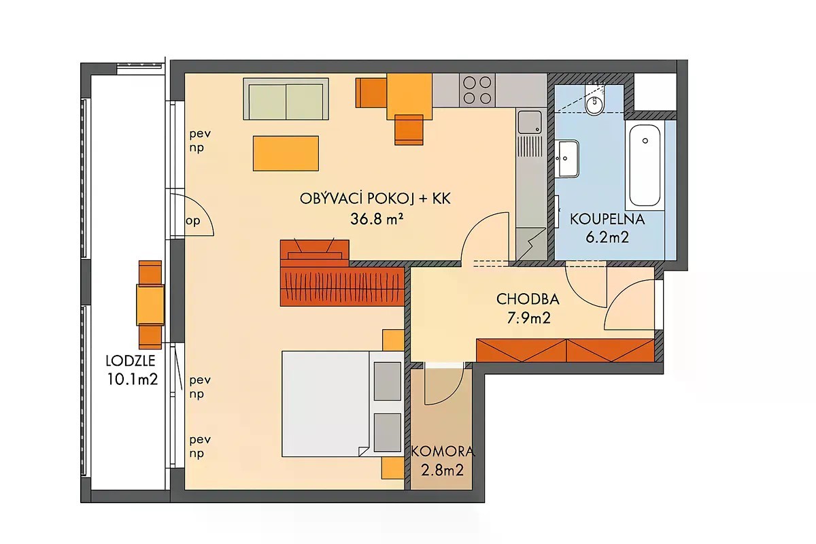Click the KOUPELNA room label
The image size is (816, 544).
tap(607, 220)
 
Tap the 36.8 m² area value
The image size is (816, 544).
tap(377, 219)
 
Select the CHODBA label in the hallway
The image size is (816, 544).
tap(528, 299)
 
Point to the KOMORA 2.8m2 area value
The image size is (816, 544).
tap(442, 470)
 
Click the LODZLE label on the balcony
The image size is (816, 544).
tap(131, 360)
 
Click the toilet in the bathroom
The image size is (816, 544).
tap(594, 99)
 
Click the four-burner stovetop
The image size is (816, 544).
tap(477, 90)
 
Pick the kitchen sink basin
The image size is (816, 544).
tap(530, 122)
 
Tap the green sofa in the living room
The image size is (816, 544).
tap(286, 99)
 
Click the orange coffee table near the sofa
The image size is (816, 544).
tap(286, 154)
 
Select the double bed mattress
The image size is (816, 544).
tap(326, 404)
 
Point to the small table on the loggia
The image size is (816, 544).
tap(150, 305)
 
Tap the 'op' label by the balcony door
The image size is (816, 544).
tap(193, 221)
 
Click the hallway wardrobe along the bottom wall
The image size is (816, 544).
tap(565, 350)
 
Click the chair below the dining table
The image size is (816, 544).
tap(409, 130)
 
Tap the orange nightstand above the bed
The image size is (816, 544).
tap(393, 340)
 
